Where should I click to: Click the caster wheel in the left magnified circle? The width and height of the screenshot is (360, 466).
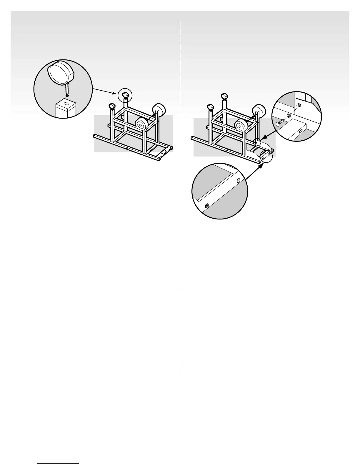click(61, 72)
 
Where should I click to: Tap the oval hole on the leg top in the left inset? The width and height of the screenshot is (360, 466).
click(67, 104)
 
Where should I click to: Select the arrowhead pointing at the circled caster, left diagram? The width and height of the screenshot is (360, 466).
click(115, 93)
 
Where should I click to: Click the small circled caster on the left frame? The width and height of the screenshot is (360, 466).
click(125, 94)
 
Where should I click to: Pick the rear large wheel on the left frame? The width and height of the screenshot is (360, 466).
click(159, 110)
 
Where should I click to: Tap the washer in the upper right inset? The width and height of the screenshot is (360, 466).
click(289, 116)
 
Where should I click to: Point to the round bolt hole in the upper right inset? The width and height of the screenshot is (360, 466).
click(299, 105)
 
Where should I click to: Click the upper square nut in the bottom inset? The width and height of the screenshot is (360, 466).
click(238, 180)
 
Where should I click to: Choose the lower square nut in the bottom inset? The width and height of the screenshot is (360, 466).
click(207, 206)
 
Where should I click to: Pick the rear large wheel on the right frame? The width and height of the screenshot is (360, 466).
click(259, 111)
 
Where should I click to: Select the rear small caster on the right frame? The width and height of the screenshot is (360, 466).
click(224, 96)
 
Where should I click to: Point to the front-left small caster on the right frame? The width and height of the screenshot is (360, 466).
click(211, 107)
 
